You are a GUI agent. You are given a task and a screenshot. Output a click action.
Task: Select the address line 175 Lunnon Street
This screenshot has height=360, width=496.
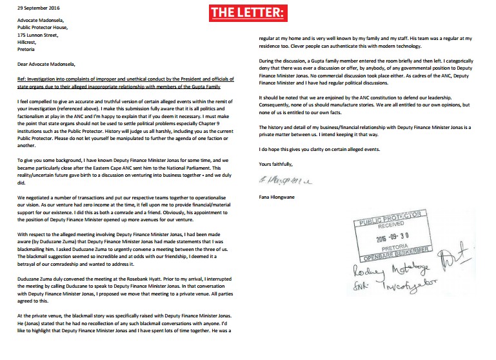39,44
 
